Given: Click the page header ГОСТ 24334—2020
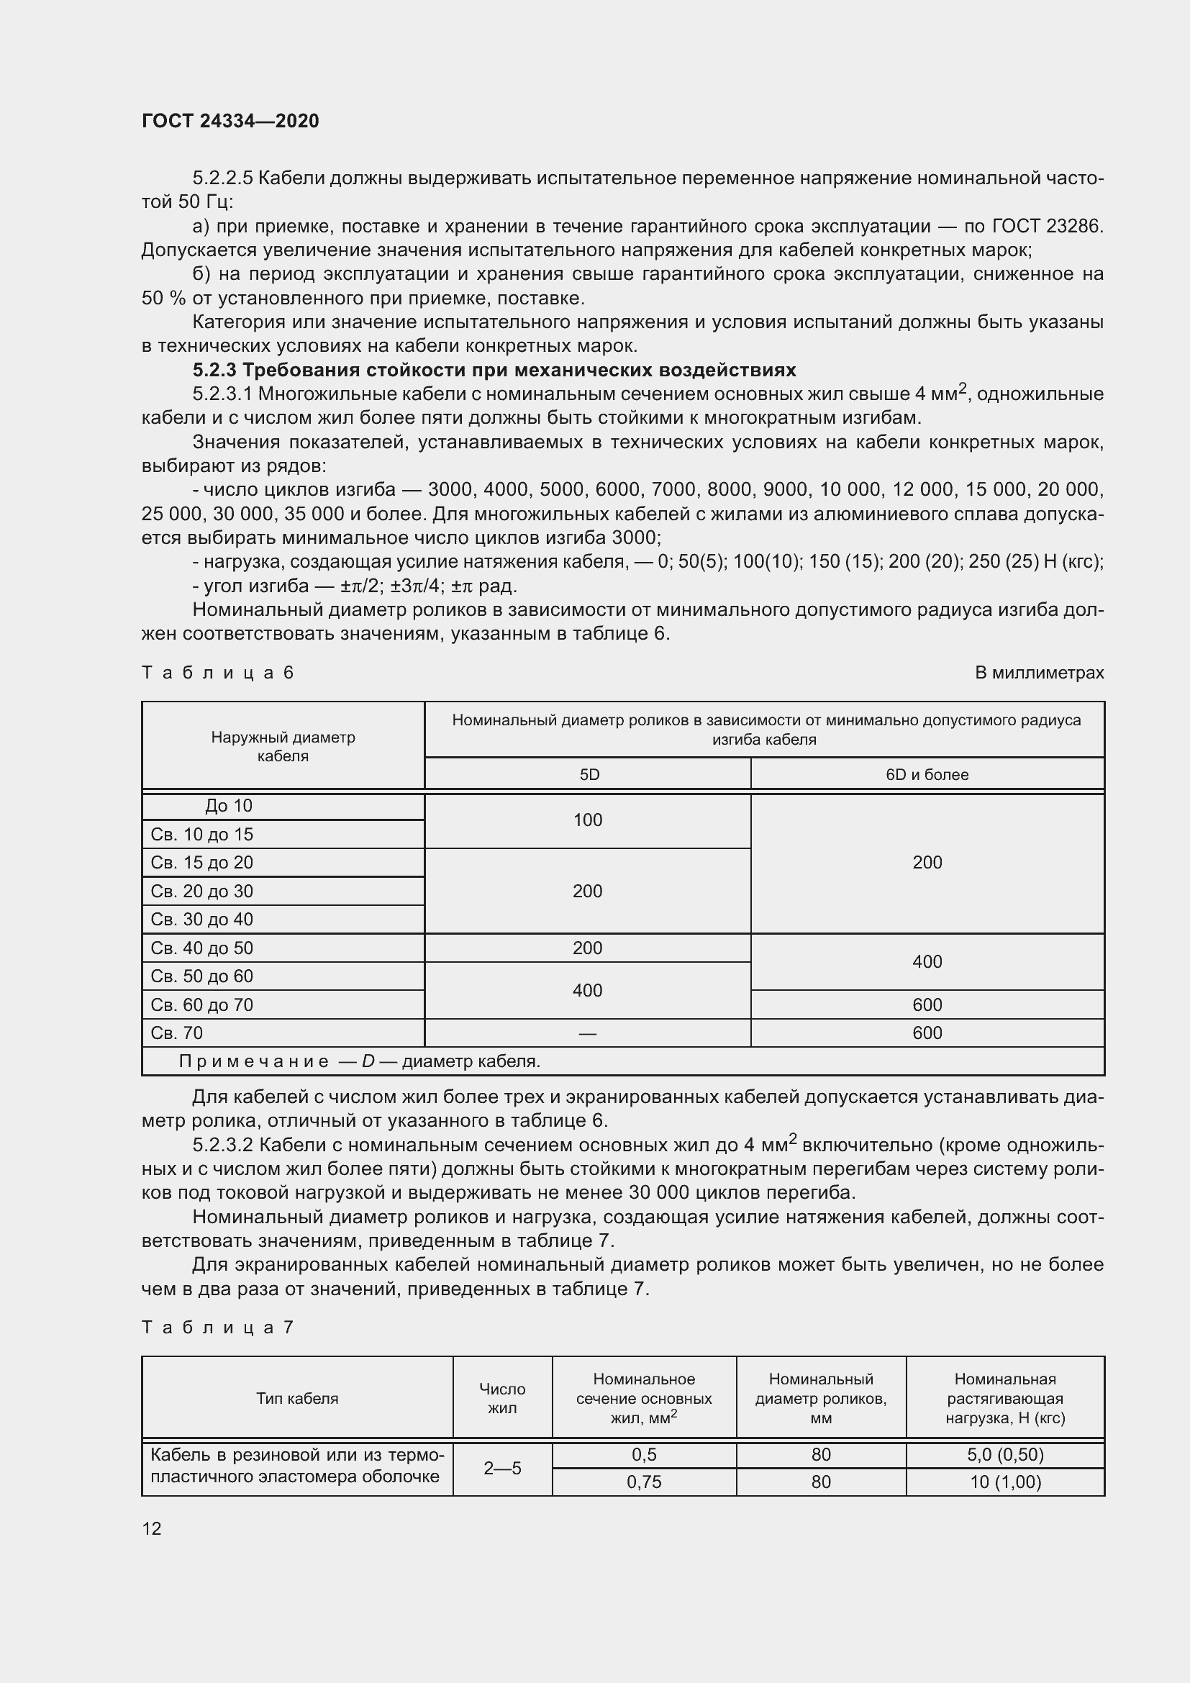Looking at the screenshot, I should [230, 121].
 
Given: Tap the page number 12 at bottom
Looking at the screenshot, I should [152, 1528].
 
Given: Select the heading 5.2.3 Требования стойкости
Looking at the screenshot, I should [494, 369].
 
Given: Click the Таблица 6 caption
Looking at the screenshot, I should [217, 672].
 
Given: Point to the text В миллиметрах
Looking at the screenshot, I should [1038, 672].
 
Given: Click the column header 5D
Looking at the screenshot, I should [589, 774].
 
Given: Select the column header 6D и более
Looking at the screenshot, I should [926, 774].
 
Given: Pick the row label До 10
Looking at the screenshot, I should [229, 806].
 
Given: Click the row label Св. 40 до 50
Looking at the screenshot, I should [202, 948].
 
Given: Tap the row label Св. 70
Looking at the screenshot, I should [176, 1033].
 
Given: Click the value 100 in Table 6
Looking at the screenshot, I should [587, 820].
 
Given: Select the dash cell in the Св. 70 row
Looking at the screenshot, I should [587, 1033].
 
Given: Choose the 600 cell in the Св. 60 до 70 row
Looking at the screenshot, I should [926, 1004].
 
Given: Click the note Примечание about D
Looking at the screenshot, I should [359, 1061].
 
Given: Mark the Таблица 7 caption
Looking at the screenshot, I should [217, 1327].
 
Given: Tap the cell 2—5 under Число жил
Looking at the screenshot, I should [502, 1469].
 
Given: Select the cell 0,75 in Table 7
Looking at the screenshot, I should [643, 1482].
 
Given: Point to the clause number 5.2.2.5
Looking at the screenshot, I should [222, 178].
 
